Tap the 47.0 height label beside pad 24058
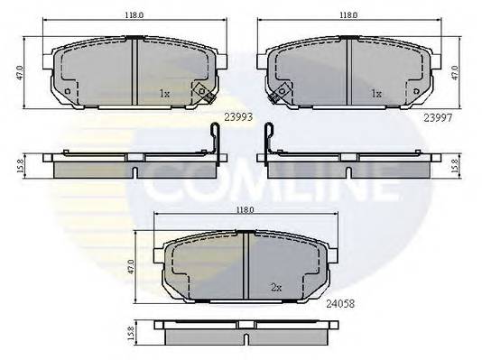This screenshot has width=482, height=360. tap(133, 267)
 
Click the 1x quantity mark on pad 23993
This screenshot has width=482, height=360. tap(163, 93)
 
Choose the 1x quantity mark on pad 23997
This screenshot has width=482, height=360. tap(376, 93)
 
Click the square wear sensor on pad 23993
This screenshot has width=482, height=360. tap(203, 90)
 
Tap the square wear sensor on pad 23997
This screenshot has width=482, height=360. tap(283, 90)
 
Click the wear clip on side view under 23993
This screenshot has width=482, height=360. tap(214, 140)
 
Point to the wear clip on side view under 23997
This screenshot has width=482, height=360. tap(268, 140)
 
